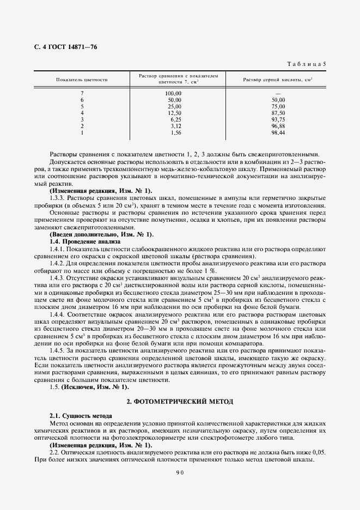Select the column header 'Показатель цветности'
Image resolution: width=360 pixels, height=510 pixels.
pyautogui.click(x=82, y=80)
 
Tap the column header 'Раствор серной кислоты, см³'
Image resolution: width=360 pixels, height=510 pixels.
pyautogui.click(x=277, y=80)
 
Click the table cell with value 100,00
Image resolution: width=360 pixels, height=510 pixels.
pyautogui.click(x=173, y=93)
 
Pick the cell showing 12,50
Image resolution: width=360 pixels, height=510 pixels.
pyautogui.click(x=174, y=113)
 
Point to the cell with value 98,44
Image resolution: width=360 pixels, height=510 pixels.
pyautogui.click(x=278, y=132)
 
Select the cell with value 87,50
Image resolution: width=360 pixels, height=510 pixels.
pyautogui.click(x=278, y=113)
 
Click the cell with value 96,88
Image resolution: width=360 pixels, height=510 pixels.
pyautogui.click(x=278, y=126)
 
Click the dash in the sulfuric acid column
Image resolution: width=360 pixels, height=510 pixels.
pyautogui.click(x=278, y=94)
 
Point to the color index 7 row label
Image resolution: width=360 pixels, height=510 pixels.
pyautogui.click(x=82, y=93)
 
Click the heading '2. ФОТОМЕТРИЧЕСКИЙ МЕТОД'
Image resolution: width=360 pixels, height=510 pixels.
pyautogui.click(x=180, y=402)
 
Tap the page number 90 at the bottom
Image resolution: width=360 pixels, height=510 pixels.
pyautogui.click(x=180, y=473)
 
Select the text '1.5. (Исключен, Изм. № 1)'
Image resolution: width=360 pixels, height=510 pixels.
pyautogui.click(x=89, y=387)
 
